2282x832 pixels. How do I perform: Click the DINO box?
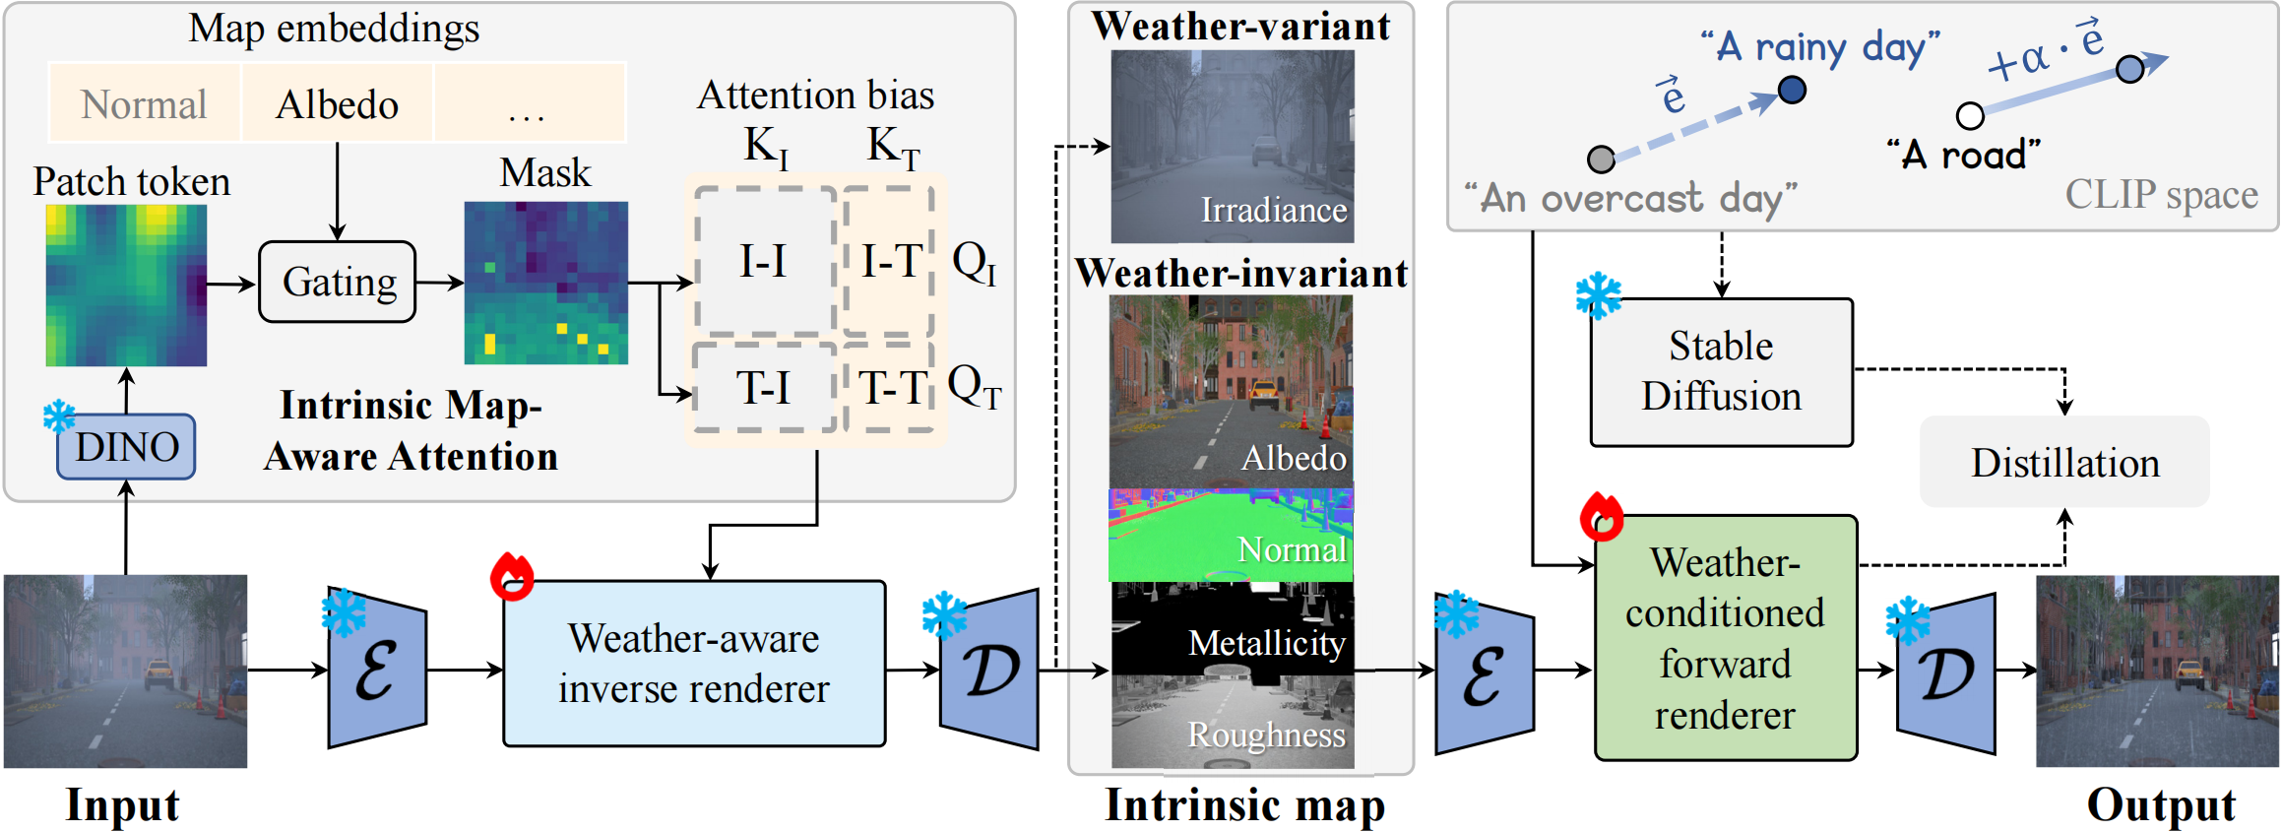pos(126,447)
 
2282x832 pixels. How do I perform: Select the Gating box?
pos(338,282)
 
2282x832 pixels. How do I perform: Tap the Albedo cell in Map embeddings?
pos(337,104)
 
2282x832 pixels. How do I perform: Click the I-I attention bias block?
pos(765,262)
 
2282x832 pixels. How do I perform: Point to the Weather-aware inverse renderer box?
pos(694,664)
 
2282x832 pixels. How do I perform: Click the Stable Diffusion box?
pos(1721,372)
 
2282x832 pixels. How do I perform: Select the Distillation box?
pos(2064,462)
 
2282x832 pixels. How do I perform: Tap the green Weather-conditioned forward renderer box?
pos(1725,638)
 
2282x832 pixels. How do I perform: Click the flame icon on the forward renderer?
pos(1602,517)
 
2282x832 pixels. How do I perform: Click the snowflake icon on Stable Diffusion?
pos(1598,295)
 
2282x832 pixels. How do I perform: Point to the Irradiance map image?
pos(1233,146)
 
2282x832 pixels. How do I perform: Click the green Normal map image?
pos(1231,536)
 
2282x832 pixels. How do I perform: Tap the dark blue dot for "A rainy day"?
pos(1792,91)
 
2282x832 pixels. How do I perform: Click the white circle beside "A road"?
pos(1970,116)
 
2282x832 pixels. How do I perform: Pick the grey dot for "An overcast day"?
pos(1602,159)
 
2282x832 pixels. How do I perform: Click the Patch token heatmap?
pos(126,286)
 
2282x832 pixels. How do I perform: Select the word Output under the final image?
pos(2161,804)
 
